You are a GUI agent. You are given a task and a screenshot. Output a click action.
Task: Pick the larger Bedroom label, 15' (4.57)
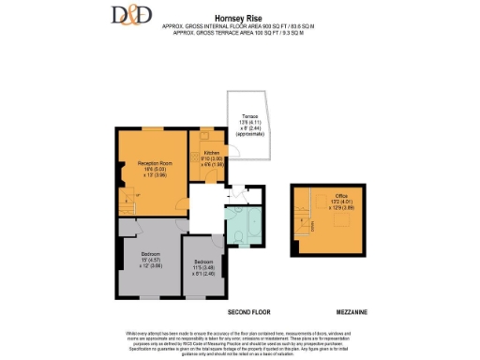(x=150, y=260)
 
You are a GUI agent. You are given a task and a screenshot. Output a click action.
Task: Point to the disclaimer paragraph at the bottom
(x=240, y=342)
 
